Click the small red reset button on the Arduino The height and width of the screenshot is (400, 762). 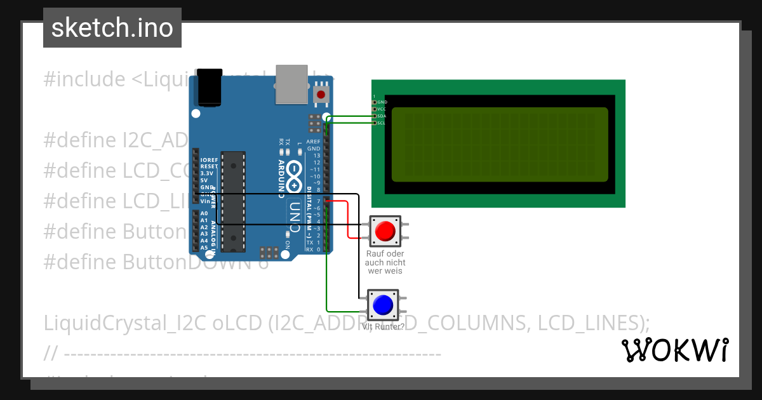tap(321, 95)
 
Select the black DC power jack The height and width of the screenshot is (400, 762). tap(210, 87)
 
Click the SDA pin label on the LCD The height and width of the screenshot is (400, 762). tap(382, 116)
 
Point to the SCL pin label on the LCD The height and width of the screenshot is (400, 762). tap(382, 123)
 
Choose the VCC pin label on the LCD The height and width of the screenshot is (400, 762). tap(382, 109)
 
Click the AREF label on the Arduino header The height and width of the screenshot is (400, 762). tap(313, 142)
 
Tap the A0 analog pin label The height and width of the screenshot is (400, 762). tap(204, 214)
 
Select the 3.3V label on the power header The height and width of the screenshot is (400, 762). tap(207, 173)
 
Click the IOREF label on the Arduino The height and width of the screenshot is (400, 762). tap(209, 159)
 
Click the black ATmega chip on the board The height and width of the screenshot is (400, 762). tap(234, 200)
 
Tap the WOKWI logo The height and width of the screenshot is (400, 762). tap(674, 350)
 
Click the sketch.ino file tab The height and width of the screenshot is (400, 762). tap(112, 28)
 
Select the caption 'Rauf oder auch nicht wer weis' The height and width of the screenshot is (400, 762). tap(385, 262)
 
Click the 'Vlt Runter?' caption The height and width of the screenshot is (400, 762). tap(383, 327)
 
